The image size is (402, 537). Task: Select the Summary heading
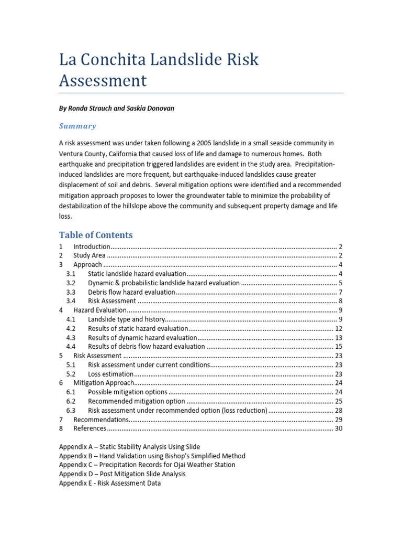point(77,126)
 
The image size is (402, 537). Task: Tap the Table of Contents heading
point(96,234)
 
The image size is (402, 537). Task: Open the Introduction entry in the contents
point(92,246)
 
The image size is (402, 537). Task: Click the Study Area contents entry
point(89,255)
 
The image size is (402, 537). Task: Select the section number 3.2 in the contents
point(71,283)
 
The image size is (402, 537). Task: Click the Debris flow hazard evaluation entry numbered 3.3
point(131,292)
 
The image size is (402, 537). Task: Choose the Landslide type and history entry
point(127,319)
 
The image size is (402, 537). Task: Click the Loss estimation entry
point(111,374)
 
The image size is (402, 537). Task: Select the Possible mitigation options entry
point(128,392)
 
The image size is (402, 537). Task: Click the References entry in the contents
point(90,428)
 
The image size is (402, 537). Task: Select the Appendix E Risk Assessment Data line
point(110,483)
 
